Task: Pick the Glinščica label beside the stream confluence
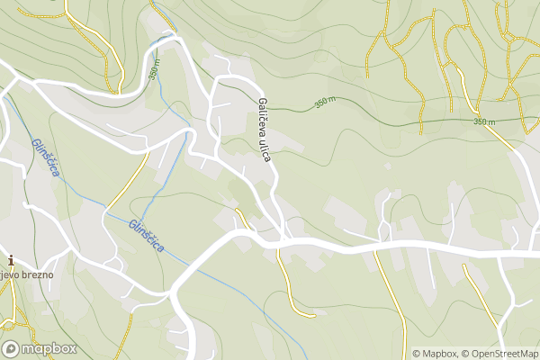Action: pyautogui.click(x=146, y=236)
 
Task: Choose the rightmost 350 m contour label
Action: pyautogui.click(x=484, y=121)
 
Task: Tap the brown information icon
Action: pyautogui.click(x=10, y=260)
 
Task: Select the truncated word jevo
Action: pyautogui.click(x=9, y=274)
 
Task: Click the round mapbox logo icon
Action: pyautogui.click(x=11, y=349)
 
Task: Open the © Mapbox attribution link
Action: pyautogui.click(x=436, y=353)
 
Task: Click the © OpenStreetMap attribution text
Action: pyautogui.click(x=501, y=353)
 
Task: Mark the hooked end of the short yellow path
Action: pyautogui.click(x=311, y=315)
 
